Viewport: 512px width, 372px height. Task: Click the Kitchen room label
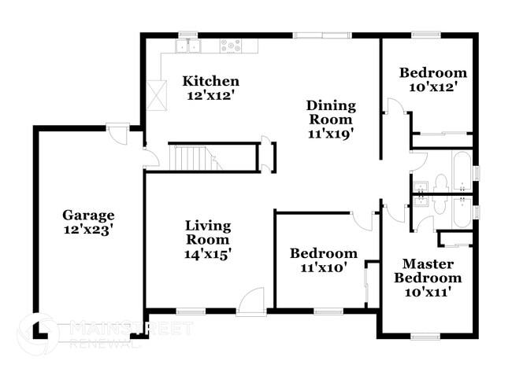(211, 81)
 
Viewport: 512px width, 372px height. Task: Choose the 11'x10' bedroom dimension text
(323, 267)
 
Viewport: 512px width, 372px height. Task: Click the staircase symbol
(193, 157)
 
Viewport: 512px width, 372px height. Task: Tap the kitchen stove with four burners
(230, 46)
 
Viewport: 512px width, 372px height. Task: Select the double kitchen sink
(187, 46)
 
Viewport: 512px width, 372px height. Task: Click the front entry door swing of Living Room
(252, 301)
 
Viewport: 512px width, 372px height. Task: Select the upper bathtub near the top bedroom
(460, 168)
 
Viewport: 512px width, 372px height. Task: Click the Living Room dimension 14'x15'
(207, 253)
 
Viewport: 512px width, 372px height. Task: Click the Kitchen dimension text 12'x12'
(211, 96)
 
